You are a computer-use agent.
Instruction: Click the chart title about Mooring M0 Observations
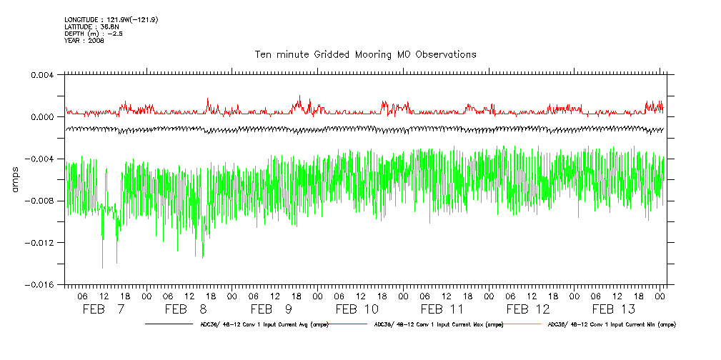365,54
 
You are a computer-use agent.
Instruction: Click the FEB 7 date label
104,309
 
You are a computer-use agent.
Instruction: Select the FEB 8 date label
186,309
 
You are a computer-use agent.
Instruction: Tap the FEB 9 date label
272,309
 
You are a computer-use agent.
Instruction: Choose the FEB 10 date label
357,309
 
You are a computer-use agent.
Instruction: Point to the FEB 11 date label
442,309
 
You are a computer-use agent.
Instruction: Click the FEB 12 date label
528,309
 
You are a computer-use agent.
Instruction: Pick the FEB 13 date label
614,309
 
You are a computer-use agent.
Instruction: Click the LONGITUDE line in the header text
111,19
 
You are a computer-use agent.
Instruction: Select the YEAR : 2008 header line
84,41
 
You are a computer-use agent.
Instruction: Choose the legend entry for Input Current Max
437,324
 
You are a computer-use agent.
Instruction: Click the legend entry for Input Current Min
611,324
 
